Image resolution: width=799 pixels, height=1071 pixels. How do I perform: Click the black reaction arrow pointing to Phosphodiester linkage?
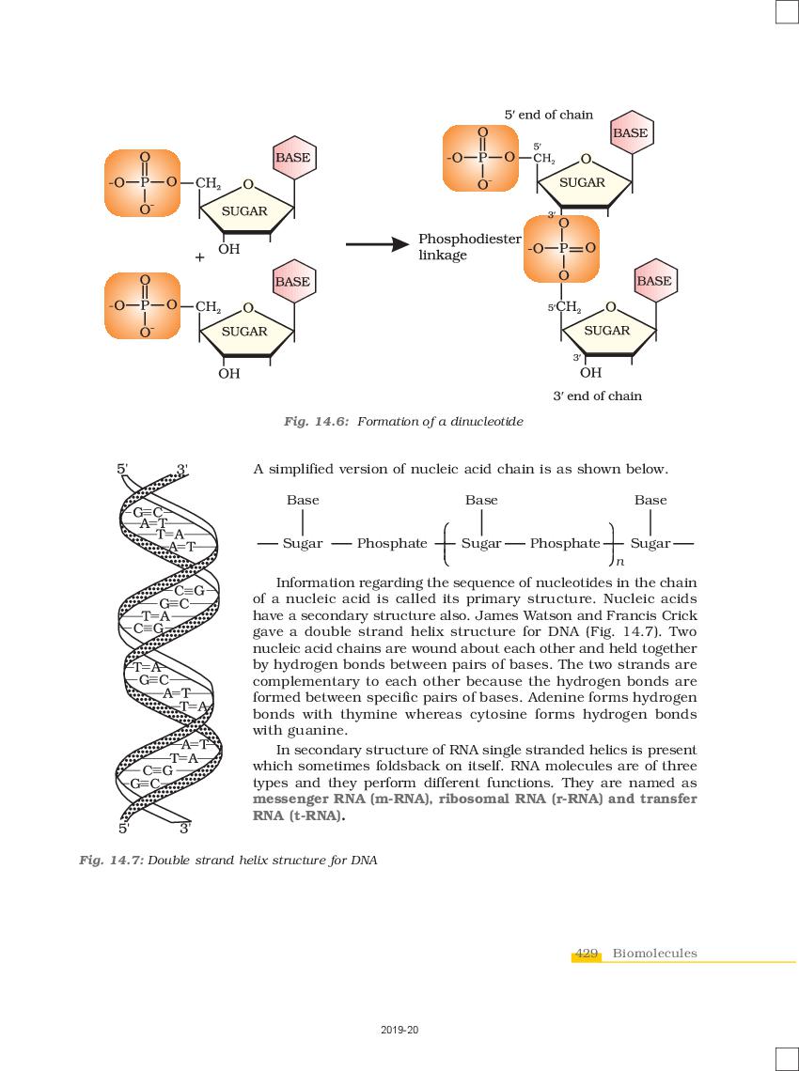pyautogui.click(x=377, y=244)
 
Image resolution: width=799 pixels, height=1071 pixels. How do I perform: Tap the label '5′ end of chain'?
pyautogui.click(x=549, y=115)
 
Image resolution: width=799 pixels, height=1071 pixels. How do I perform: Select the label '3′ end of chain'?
pyautogui.click(x=598, y=396)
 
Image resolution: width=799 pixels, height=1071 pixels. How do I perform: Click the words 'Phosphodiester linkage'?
pyautogui.click(x=470, y=246)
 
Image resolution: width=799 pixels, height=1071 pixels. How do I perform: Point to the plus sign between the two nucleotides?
pyautogui.click(x=199, y=257)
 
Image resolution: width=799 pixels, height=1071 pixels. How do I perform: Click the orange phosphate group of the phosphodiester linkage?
pyautogui.click(x=562, y=249)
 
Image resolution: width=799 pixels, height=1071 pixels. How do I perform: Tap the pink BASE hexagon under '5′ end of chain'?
pyautogui.click(x=630, y=133)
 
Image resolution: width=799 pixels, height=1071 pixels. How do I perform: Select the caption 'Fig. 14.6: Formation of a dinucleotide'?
pyautogui.click(x=403, y=422)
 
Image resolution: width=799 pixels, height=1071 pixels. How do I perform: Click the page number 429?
pyautogui.click(x=587, y=953)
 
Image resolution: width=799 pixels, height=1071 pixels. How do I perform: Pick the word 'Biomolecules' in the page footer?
pyautogui.click(x=655, y=953)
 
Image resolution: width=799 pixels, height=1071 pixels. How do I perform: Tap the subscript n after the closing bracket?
pyautogui.click(x=619, y=562)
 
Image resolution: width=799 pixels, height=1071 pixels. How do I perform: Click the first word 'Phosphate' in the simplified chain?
pyautogui.click(x=392, y=543)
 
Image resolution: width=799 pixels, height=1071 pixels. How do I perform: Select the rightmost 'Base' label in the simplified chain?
pyautogui.click(x=650, y=500)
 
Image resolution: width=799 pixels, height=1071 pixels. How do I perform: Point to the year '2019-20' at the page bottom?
pyautogui.click(x=399, y=1030)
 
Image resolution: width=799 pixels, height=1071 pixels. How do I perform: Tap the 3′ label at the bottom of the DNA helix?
pyautogui.click(x=185, y=829)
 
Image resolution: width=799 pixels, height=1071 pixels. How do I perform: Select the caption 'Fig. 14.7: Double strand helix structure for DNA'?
pyautogui.click(x=228, y=860)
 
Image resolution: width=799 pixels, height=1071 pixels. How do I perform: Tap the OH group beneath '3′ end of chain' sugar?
pyautogui.click(x=590, y=373)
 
